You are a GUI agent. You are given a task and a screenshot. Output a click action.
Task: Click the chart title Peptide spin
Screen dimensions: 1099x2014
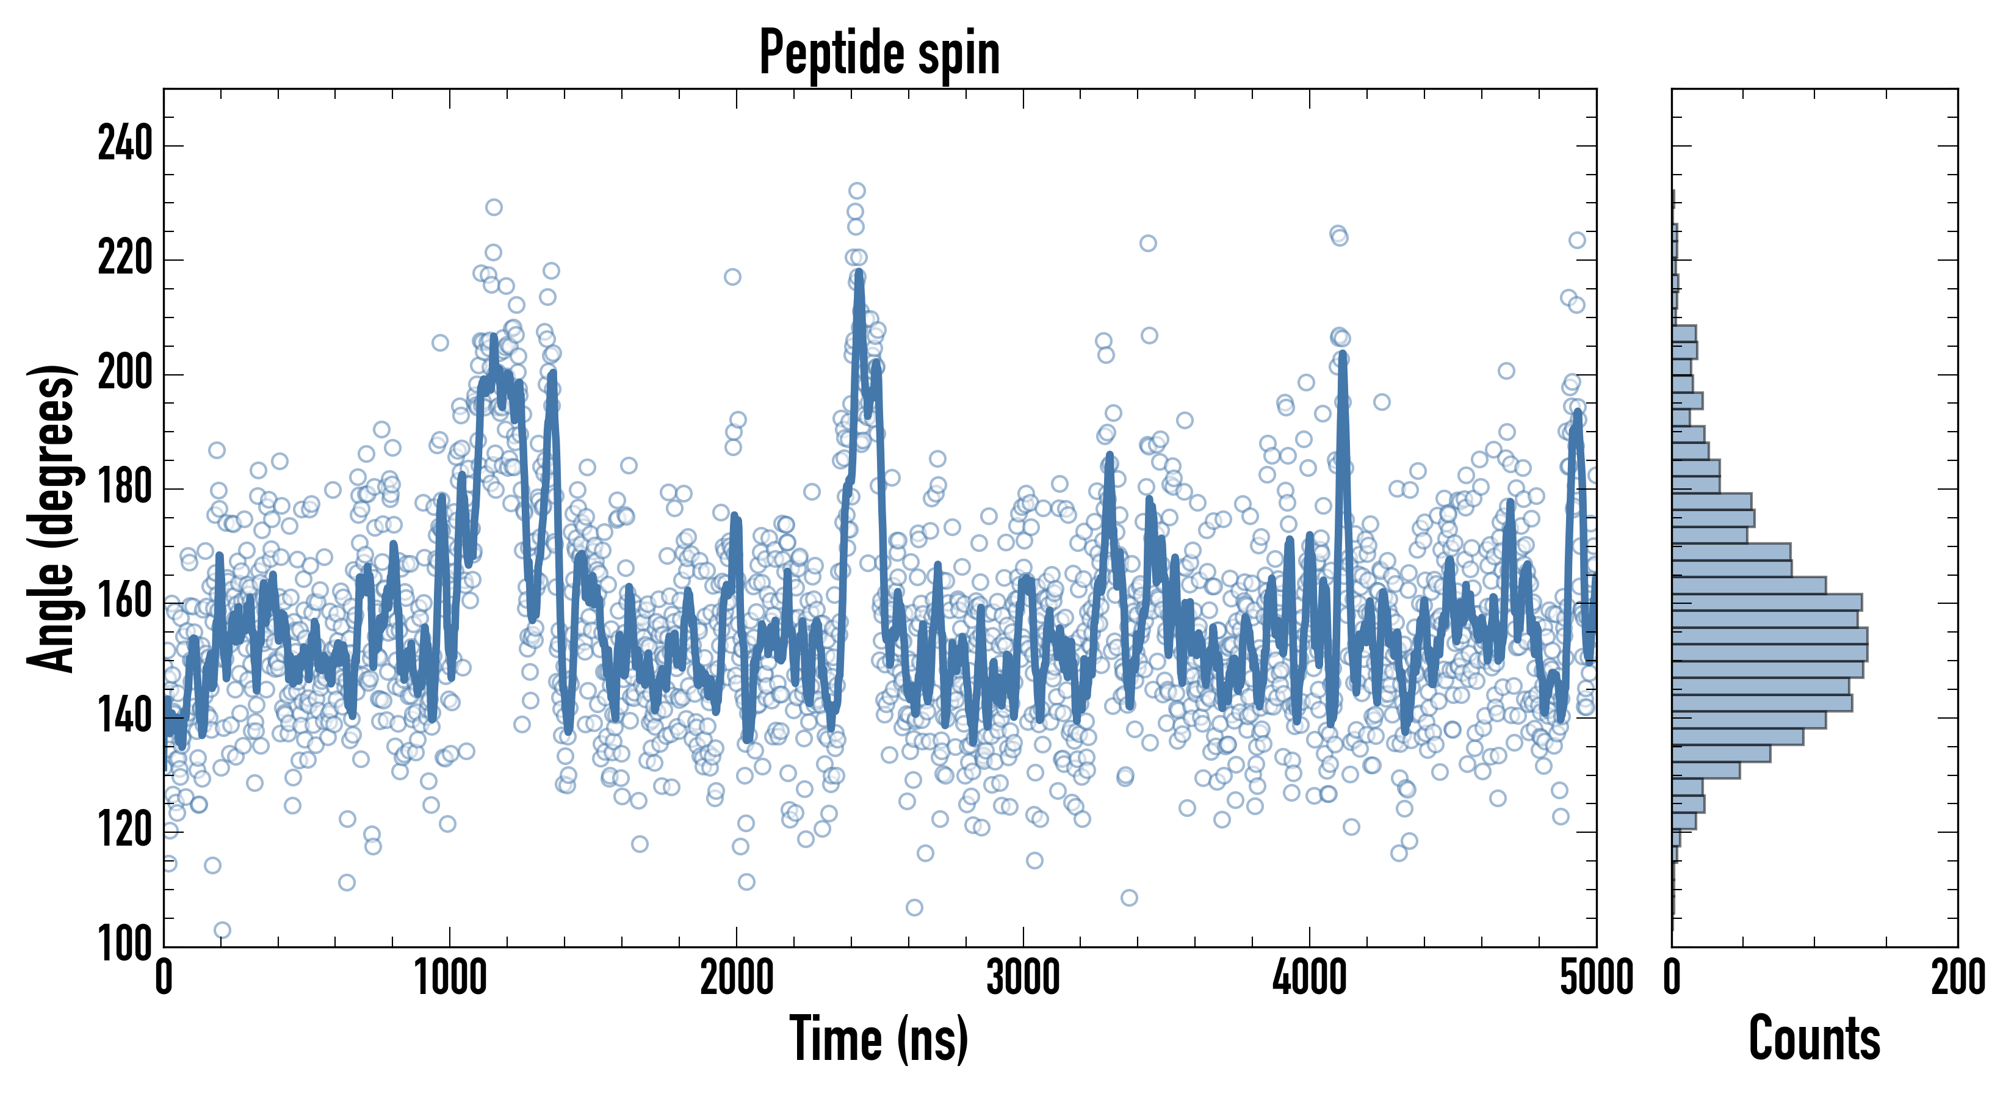click(879, 53)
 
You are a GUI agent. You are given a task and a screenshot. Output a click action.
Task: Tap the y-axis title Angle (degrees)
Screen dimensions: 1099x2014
click(52, 517)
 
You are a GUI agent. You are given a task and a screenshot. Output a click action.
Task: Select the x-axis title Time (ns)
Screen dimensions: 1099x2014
click(879, 1039)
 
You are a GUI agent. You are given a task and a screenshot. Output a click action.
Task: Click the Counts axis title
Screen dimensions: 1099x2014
click(1814, 1039)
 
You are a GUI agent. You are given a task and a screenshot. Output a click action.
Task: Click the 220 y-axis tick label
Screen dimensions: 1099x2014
click(125, 259)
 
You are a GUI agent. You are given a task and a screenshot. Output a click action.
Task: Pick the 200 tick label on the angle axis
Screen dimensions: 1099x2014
click(125, 373)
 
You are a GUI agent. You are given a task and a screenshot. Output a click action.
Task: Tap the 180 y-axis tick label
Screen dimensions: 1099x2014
click(125, 488)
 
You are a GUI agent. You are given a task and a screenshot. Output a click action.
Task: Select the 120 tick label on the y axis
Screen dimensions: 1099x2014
click(125, 832)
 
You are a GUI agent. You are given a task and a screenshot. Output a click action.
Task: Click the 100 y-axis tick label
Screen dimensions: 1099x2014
click(125, 945)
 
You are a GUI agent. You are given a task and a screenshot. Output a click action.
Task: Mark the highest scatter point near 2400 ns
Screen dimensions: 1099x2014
click(857, 191)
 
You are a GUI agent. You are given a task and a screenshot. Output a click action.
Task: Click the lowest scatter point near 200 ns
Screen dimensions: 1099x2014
click(222, 930)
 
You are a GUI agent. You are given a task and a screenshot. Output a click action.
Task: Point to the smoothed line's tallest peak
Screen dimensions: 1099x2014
click(859, 273)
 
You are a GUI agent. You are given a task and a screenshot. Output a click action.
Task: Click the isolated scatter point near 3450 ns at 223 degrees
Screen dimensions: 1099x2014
click(1148, 243)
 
